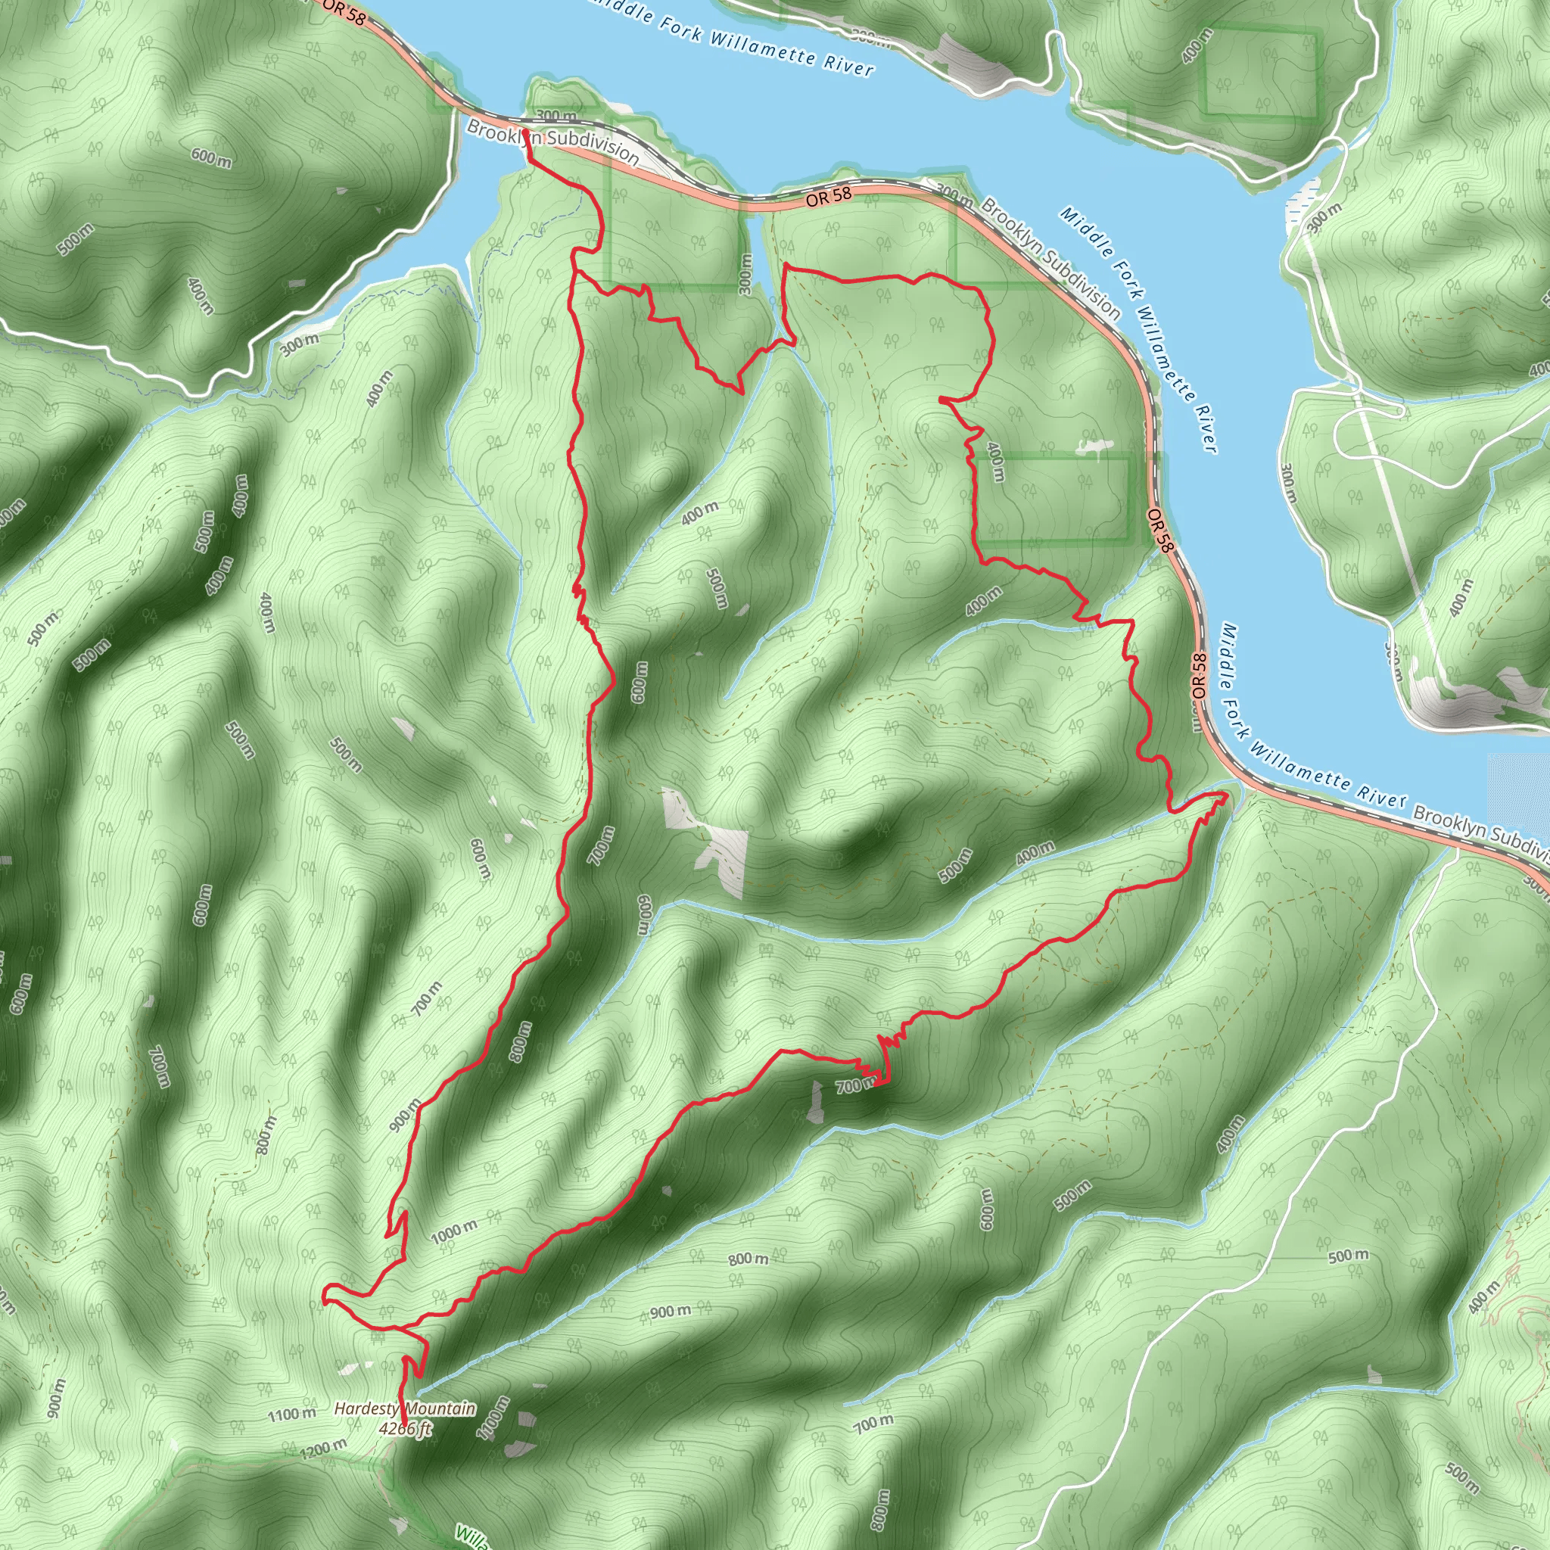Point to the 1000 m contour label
tap(454, 1231)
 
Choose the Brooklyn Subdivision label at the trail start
tap(552, 142)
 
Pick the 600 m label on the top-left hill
tap(212, 158)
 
